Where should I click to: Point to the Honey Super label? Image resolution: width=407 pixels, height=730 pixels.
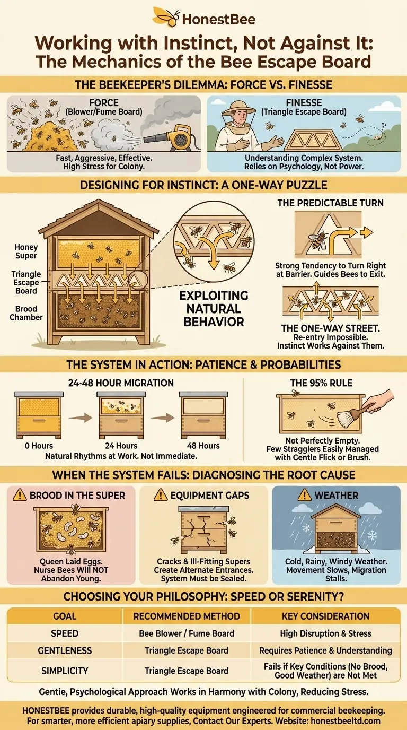(x=26, y=251)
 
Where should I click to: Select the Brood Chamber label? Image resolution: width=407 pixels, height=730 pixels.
(x=26, y=313)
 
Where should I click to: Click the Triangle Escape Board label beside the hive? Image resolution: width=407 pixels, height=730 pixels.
(x=26, y=282)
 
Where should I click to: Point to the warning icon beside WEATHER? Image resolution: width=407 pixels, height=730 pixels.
(x=304, y=496)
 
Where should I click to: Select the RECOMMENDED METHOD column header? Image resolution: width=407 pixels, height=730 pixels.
(x=187, y=616)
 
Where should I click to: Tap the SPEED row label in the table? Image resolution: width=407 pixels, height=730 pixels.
(x=65, y=633)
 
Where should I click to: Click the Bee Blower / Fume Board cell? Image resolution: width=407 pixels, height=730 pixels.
(x=187, y=633)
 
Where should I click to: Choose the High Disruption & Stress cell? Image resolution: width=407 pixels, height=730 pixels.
(x=325, y=633)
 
